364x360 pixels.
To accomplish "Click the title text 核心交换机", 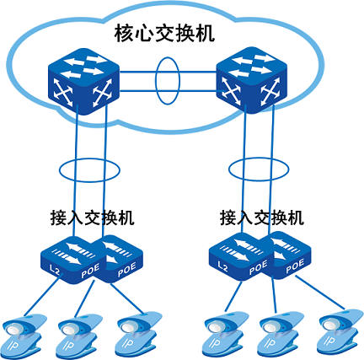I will (165, 35).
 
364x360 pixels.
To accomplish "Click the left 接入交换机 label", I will (92, 217).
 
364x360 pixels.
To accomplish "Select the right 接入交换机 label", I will (261, 217).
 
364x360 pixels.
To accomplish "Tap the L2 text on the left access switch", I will (55, 268).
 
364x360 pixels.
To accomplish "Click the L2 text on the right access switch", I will (223, 267).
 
